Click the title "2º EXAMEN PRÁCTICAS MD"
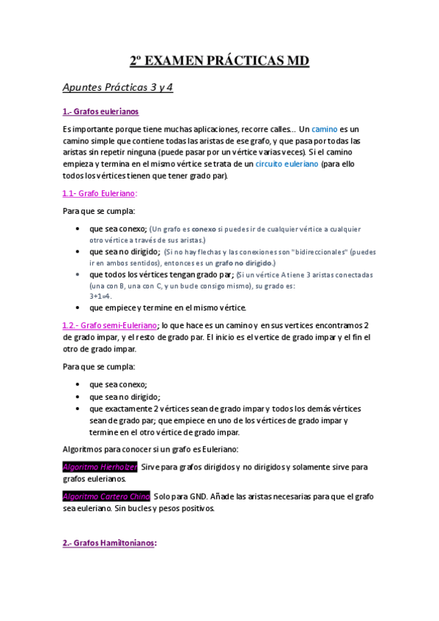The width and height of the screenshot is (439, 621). pyautogui.click(x=219, y=62)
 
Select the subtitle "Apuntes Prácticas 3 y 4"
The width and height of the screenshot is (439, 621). pyautogui.click(x=117, y=88)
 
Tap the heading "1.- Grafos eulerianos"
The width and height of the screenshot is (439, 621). pyautogui.click(x=100, y=111)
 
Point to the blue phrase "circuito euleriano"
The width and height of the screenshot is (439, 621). pyautogui.click(x=287, y=164)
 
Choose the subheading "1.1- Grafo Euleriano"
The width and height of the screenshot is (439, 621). pyautogui.click(x=99, y=193)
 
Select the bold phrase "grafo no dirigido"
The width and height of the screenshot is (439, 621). pyautogui.click(x=243, y=262)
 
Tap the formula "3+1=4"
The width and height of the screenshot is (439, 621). pyautogui.click(x=100, y=296)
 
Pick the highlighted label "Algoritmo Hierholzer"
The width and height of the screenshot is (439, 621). pyautogui.click(x=100, y=466)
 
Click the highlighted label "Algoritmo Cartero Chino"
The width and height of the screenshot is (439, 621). pyautogui.click(x=106, y=496)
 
